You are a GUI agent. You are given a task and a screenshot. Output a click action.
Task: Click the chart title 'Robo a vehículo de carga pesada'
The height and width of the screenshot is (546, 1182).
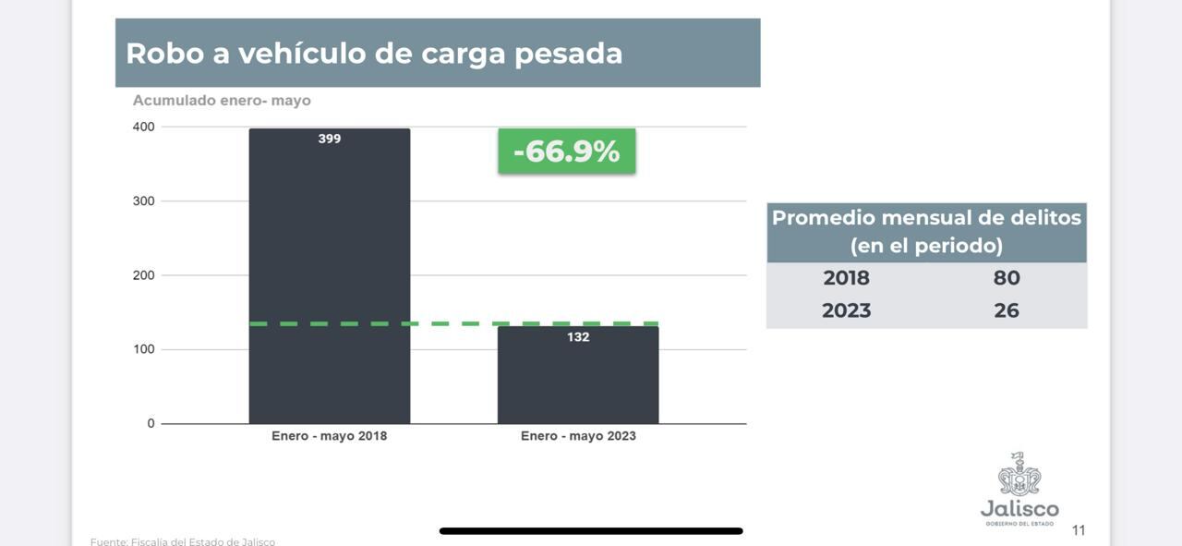click(374, 53)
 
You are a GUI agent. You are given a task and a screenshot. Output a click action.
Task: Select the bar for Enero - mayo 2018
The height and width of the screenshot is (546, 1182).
click(329, 277)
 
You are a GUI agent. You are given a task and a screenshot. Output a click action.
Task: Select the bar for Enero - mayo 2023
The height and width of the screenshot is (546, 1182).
click(578, 379)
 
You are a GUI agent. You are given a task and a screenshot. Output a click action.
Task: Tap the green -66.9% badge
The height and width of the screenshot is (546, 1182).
click(567, 151)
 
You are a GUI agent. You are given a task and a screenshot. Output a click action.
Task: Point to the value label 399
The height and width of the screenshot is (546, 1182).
click(330, 139)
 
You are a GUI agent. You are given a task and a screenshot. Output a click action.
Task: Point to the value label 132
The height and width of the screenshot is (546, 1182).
click(578, 337)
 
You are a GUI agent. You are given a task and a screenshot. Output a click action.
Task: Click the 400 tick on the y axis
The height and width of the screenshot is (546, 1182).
click(144, 127)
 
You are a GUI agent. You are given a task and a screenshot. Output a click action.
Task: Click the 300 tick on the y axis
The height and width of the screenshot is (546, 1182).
click(144, 200)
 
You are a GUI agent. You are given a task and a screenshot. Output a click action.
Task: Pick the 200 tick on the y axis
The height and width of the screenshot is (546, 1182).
click(144, 275)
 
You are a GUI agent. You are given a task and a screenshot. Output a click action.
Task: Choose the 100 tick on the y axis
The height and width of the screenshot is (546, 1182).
click(144, 349)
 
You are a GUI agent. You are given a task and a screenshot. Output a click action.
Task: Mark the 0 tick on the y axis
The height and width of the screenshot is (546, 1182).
click(151, 423)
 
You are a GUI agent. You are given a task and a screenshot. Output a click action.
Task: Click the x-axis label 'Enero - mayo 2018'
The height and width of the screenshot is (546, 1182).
click(329, 436)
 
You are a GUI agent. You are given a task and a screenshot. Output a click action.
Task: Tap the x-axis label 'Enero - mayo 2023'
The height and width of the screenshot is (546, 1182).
click(578, 436)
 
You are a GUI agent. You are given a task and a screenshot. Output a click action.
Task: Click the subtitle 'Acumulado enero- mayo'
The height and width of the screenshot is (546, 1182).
click(222, 101)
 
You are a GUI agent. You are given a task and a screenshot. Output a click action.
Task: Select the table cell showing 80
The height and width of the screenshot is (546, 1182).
click(1007, 278)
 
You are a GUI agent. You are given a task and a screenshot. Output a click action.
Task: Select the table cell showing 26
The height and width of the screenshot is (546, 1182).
click(1007, 310)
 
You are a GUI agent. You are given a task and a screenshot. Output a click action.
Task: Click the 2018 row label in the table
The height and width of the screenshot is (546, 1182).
click(846, 278)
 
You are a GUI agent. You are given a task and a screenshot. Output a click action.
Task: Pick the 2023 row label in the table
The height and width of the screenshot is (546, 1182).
click(846, 310)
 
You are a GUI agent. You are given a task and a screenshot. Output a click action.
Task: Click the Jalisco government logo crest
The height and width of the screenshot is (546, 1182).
click(1019, 475)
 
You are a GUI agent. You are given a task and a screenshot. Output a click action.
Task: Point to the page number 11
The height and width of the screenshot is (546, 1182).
click(1079, 530)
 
